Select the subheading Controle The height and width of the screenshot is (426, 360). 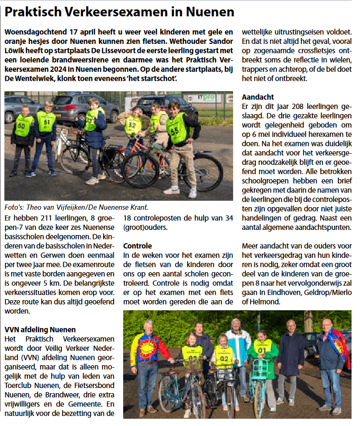(137, 246)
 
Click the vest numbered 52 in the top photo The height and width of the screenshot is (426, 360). (133, 125)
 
